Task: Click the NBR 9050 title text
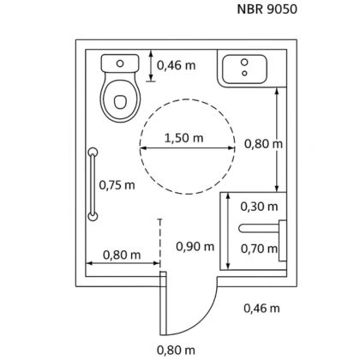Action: click(267, 9)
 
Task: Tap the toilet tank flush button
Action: click(120, 63)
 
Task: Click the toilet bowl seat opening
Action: click(120, 102)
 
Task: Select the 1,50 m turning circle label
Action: click(184, 138)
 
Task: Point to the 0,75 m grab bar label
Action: click(117, 185)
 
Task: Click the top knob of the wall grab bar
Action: click(93, 152)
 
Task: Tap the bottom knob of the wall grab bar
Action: click(93, 217)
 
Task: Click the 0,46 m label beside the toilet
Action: click(177, 65)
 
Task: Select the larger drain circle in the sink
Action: click(244, 62)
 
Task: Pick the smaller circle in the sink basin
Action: click(244, 74)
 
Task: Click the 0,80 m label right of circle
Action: click(263, 144)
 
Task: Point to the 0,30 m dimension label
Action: click(259, 207)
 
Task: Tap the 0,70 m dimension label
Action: click(259, 249)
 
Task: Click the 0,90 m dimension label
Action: click(195, 246)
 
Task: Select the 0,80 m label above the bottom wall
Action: click(122, 255)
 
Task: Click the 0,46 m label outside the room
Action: click(261, 309)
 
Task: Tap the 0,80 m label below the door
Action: click(176, 350)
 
